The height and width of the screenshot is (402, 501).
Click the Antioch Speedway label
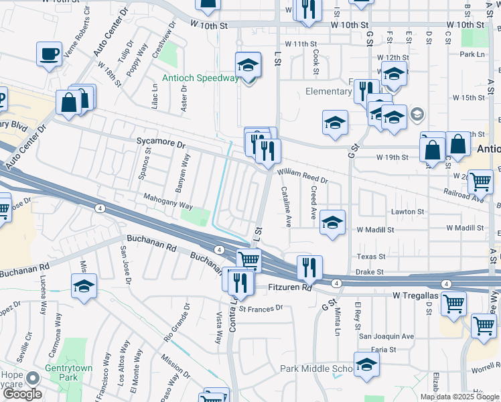click(x=200, y=78)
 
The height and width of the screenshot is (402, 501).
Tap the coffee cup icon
click(x=50, y=53)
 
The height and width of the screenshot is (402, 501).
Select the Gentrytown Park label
click(x=67, y=368)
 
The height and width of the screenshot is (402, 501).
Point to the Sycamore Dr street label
click(x=160, y=143)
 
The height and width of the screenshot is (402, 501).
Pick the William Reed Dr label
click(x=302, y=176)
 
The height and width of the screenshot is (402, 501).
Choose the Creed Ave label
click(x=313, y=202)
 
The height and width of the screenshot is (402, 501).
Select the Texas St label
click(x=371, y=257)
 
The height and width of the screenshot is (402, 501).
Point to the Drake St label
click(x=369, y=272)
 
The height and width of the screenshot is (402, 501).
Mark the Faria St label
click(x=384, y=349)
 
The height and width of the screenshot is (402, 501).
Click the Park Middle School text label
click(x=316, y=369)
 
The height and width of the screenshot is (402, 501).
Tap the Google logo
click(x=21, y=393)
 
